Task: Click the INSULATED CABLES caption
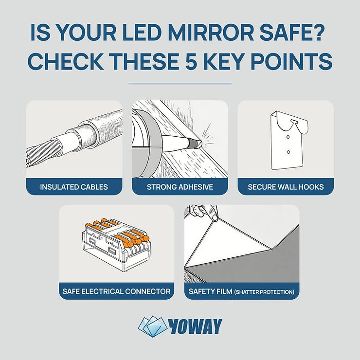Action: point(74,187)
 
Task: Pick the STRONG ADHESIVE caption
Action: point(180,187)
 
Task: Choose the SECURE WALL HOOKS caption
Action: point(286,187)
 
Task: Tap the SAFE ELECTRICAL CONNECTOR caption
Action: point(116,291)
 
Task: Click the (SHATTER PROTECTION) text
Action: point(264,292)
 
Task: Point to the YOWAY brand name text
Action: point(197,326)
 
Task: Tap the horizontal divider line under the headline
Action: point(180,83)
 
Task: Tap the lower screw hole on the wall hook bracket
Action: point(288,152)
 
